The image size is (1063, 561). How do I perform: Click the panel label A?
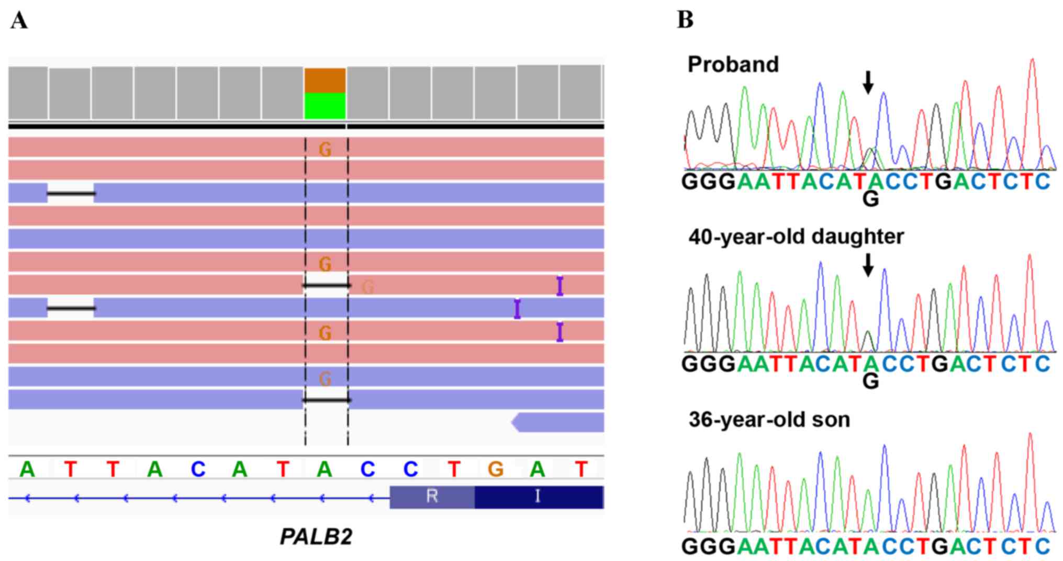19,21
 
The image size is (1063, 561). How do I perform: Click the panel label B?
685,20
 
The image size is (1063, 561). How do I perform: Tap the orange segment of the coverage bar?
325,80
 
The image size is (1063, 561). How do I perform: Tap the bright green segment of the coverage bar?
325,106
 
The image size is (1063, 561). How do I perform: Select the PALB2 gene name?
316,537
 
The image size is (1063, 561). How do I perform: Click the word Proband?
733,64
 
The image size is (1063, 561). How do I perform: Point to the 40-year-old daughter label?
796,237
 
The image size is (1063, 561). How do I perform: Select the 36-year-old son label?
769,419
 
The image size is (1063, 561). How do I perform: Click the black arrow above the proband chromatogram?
868,82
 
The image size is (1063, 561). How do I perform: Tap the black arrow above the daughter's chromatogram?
868,265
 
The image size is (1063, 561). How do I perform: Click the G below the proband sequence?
870,199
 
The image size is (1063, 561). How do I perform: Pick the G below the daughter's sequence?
870,382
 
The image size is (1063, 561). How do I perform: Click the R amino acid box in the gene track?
432,496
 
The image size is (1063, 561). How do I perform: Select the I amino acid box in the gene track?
538,496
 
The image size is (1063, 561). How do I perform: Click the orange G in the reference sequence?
496,469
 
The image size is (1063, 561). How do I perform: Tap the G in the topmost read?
325,150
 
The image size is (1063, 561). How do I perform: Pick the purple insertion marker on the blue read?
517,309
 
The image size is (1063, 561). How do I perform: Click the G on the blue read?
325,378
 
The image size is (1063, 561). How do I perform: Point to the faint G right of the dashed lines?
368,287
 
